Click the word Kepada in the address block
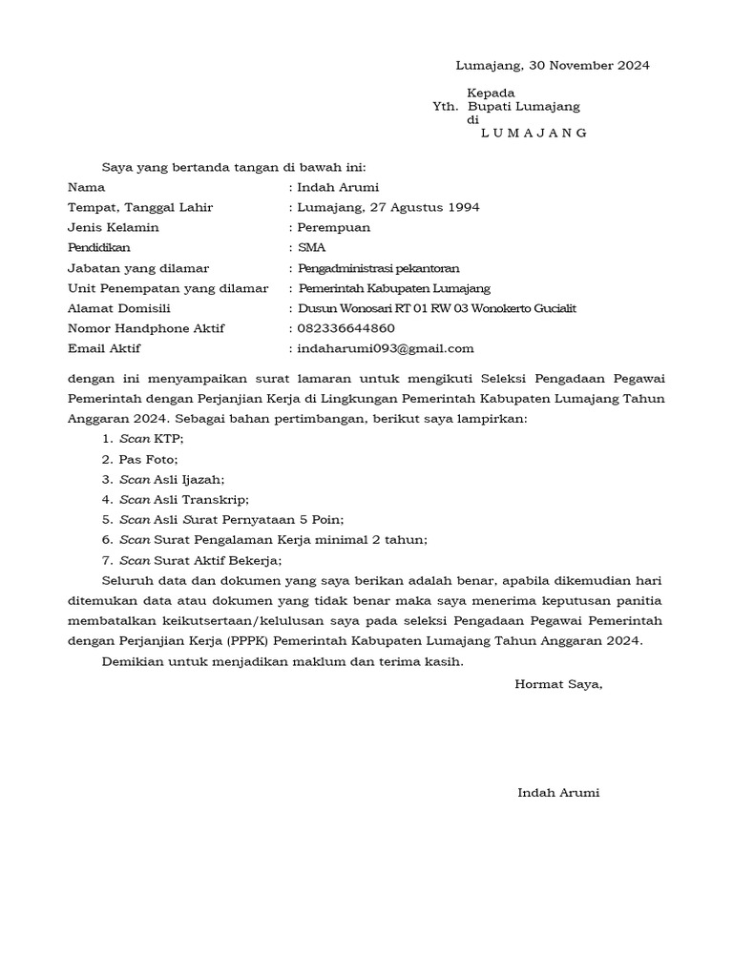[491, 93]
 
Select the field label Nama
[86, 187]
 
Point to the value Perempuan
[334, 227]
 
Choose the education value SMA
[312, 248]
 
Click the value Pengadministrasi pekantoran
[378, 268]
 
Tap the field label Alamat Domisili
[118, 308]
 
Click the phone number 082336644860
[346, 328]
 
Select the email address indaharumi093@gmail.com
[386, 348]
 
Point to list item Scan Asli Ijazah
[173, 479]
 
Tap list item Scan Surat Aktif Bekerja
[200, 560]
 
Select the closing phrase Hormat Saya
[558, 683]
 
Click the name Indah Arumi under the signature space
[558, 793]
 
